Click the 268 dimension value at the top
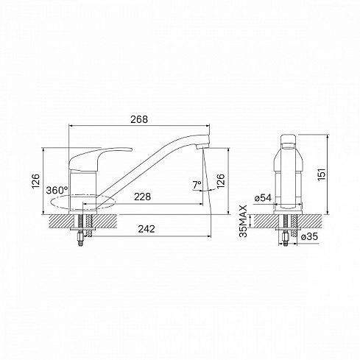coord(139,119)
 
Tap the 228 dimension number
coord(142,197)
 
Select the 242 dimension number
coord(147,229)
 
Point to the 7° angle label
coord(197,185)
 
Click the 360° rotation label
coord(57,190)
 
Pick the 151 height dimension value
coord(322,174)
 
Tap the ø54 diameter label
coord(264,198)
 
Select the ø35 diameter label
coord(309,236)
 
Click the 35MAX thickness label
coord(244,221)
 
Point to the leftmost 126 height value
coord(36,181)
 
